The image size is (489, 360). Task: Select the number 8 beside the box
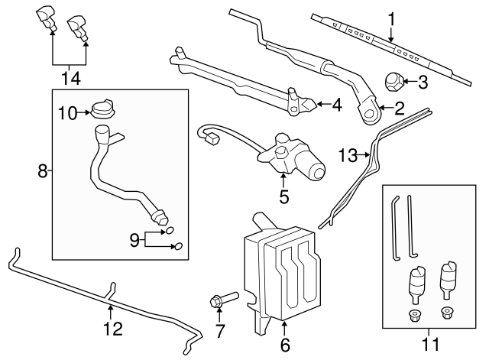click(43, 171)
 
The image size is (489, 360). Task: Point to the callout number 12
click(112, 329)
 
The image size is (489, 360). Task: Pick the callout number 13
click(348, 156)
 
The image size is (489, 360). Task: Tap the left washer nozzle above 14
click(47, 17)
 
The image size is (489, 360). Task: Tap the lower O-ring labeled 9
click(180, 246)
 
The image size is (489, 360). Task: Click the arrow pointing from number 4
click(319, 104)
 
